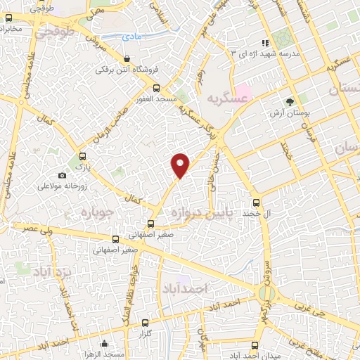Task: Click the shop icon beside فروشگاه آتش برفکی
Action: [127, 59]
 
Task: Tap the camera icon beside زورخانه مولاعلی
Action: [62, 175]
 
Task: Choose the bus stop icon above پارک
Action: [83, 156]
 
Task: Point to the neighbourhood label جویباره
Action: [92, 210]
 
